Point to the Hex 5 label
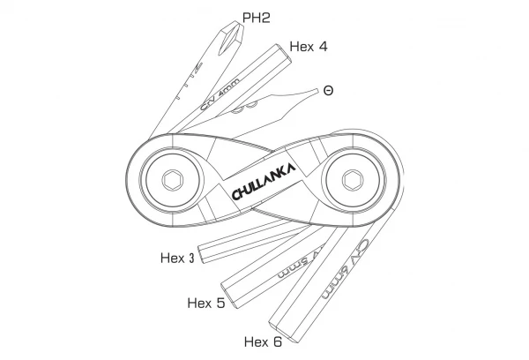(x=206, y=303)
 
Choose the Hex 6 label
(x=264, y=341)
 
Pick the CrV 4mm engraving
(x=220, y=98)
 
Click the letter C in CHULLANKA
(x=236, y=193)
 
